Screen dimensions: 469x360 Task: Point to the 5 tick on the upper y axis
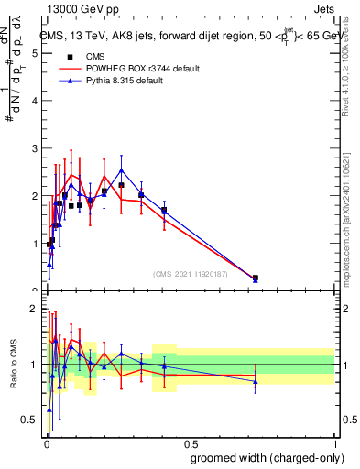[34, 53]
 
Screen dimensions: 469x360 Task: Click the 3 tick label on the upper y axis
[34, 148]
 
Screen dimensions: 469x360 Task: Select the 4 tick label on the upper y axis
[34, 101]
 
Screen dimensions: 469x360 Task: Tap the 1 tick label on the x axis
[333, 442]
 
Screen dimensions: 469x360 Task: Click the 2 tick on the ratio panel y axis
[34, 309]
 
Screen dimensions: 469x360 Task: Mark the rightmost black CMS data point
[256, 278]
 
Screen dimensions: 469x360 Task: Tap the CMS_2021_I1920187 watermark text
[191, 273]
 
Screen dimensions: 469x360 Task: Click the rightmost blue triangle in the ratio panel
[256, 380]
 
